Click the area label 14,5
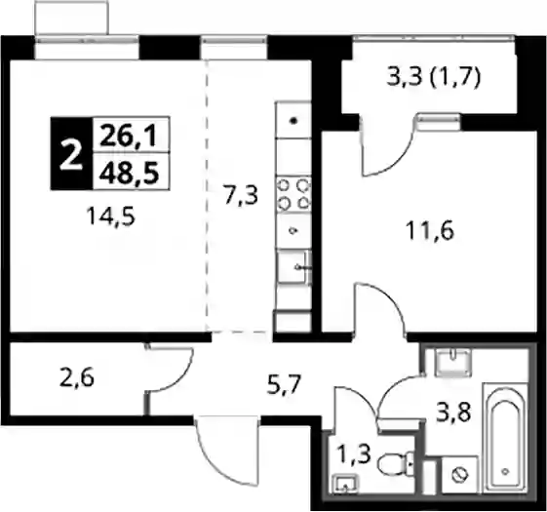click(111, 217)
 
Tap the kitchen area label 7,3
click(242, 195)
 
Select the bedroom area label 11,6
click(431, 231)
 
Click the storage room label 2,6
click(77, 378)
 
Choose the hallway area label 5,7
click(284, 384)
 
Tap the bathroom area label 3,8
click(454, 412)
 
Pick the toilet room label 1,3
click(353, 454)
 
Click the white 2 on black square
click(71, 154)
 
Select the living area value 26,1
click(128, 136)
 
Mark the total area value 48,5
click(129, 173)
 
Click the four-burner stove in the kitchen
click(293, 194)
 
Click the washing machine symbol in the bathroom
click(459, 474)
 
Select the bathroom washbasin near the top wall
click(452, 363)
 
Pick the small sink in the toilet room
click(346, 484)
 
